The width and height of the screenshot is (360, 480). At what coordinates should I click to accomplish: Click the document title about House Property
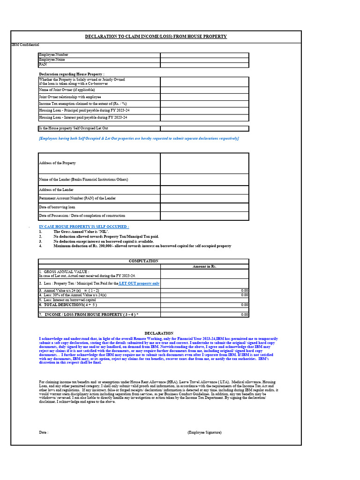(156, 37)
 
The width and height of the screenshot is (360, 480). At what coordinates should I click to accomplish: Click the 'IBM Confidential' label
(25, 45)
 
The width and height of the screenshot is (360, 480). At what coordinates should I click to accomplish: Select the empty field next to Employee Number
(204, 55)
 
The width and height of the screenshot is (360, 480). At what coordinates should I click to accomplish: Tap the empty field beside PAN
(204, 65)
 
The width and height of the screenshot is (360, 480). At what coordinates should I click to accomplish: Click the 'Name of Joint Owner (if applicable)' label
(67, 89)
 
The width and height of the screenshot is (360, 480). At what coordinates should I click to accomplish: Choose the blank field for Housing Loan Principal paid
(204, 110)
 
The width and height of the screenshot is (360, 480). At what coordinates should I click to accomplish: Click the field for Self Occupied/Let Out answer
(204, 128)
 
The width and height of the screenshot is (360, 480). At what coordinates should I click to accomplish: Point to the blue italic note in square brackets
(139, 139)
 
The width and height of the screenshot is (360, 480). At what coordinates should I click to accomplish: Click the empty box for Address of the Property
(204, 163)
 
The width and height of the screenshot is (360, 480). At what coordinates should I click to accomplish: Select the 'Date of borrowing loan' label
(57, 207)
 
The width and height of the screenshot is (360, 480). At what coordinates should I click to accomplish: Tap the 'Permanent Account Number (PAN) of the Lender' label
(77, 198)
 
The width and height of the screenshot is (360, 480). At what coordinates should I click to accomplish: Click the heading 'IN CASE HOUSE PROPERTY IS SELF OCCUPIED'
(84, 227)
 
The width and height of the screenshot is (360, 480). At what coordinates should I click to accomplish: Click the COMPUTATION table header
(143, 261)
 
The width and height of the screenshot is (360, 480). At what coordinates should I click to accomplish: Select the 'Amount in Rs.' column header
(204, 266)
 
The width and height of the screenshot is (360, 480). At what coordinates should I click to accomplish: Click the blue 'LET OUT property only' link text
(139, 284)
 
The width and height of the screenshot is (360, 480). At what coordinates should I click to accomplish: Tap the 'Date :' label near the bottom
(44, 432)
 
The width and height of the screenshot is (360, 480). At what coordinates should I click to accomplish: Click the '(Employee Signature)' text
(204, 432)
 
